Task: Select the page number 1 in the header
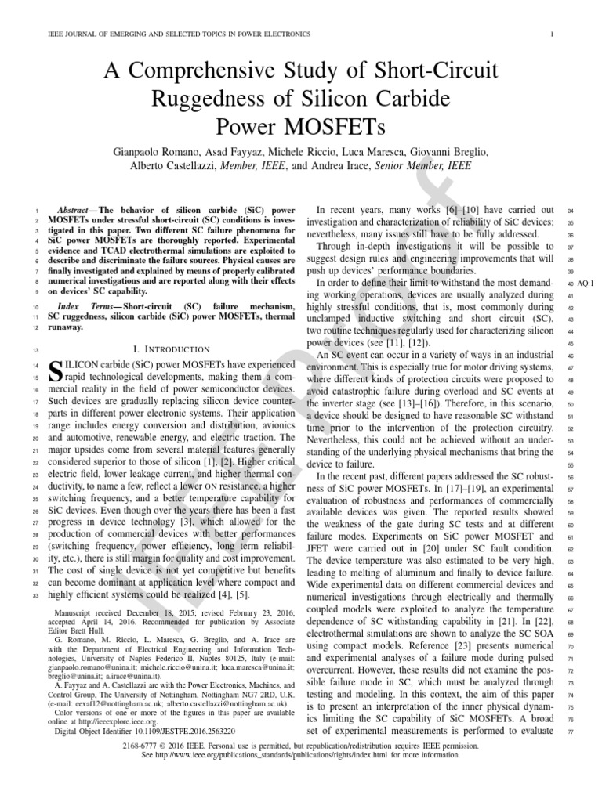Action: tap(553, 34)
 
